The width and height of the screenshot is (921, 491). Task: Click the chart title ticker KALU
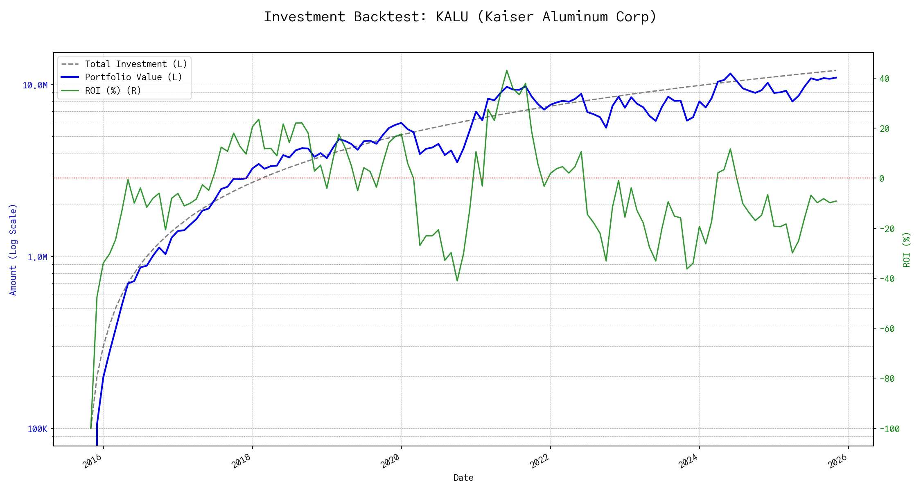(452, 17)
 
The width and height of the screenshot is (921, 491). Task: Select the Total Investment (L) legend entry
(136, 64)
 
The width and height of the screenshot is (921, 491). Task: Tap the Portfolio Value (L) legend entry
(133, 77)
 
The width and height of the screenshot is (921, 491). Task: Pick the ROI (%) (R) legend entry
(113, 91)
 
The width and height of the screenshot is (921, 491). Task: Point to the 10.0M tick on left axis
(35, 85)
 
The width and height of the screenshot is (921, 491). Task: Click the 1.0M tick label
(37, 257)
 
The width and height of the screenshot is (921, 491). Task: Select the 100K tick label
(37, 429)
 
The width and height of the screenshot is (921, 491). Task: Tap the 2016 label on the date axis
(93, 461)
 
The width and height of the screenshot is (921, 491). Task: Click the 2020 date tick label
(390, 461)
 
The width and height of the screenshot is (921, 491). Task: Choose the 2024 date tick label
(688, 461)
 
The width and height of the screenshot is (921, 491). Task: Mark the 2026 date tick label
(837, 461)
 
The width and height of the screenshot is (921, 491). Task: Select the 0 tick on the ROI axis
(882, 178)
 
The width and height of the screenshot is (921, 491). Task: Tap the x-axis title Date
(463, 478)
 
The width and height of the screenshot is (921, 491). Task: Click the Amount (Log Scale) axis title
(13, 250)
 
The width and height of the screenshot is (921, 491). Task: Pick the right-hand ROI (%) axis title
(907, 250)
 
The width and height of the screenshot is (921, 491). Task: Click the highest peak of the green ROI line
(507, 70)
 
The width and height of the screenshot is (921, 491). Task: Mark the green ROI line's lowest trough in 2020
(457, 281)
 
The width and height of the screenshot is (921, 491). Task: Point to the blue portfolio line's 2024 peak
(731, 74)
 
